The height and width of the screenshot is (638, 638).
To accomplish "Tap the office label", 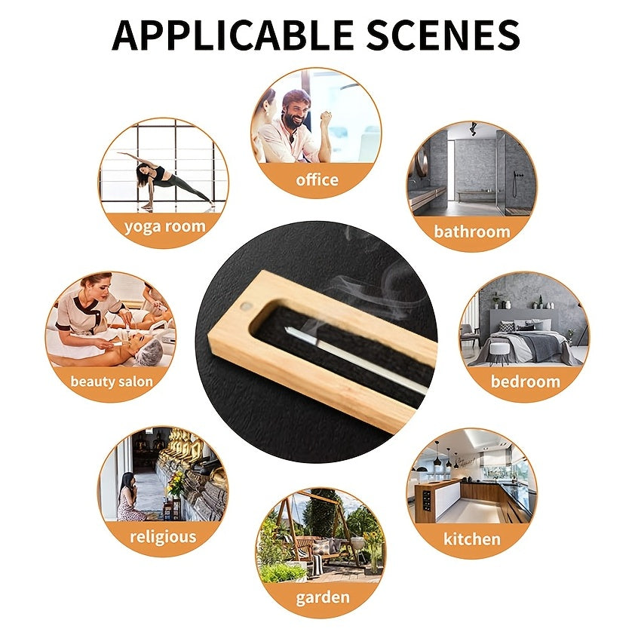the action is (317, 179).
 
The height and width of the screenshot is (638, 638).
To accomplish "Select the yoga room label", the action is (165, 227).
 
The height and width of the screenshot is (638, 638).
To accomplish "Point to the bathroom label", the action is (472, 232).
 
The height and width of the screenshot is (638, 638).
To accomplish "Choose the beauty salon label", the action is (112, 382).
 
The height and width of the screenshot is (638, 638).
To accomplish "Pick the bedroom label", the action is (526, 382).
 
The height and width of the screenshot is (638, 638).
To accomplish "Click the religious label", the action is (163, 537).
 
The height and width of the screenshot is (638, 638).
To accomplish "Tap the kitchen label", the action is (472, 539).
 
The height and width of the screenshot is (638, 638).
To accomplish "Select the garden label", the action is (323, 598).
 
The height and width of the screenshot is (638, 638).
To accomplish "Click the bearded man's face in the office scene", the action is (296, 110).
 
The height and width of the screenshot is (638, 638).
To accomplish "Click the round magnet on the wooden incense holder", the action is (245, 305).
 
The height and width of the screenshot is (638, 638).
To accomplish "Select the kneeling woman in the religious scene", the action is (130, 497).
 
